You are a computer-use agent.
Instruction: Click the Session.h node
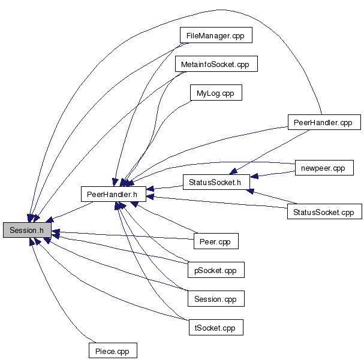pos(27,230)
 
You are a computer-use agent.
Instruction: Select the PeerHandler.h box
pos(112,193)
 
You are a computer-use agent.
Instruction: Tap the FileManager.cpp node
pos(216,36)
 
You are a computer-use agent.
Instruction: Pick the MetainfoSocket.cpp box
pos(215,64)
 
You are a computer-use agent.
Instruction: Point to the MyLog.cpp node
pos(215,93)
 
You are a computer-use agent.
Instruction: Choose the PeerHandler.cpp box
pos(324,122)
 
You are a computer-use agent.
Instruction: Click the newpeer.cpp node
pos(321,168)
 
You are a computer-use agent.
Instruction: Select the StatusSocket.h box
pos(215,182)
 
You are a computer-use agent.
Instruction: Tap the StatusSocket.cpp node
pos(324,212)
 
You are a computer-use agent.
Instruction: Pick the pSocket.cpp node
pos(216,270)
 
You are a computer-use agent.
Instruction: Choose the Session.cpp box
pos(216,298)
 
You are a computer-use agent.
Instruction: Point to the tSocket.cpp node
pos(215,328)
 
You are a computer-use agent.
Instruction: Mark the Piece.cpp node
pos(112,350)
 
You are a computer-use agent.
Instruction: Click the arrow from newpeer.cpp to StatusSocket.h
pos(273,174)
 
